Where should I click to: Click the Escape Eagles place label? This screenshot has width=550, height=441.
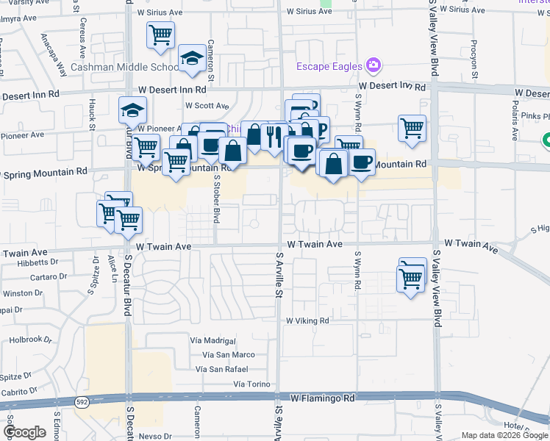click(329, 66)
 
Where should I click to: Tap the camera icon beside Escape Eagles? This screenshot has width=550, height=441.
click(374, 66)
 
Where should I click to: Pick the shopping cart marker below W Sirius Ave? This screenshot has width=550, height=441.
click(160, 34)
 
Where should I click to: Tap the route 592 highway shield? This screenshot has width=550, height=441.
click(82, 402)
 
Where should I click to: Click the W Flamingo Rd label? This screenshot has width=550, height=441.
click(323, 398)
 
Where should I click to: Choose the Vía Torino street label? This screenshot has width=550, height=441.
click(248, 384)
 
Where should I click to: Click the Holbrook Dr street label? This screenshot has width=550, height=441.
click(32, 340)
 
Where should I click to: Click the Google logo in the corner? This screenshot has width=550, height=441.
click(24, 432)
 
